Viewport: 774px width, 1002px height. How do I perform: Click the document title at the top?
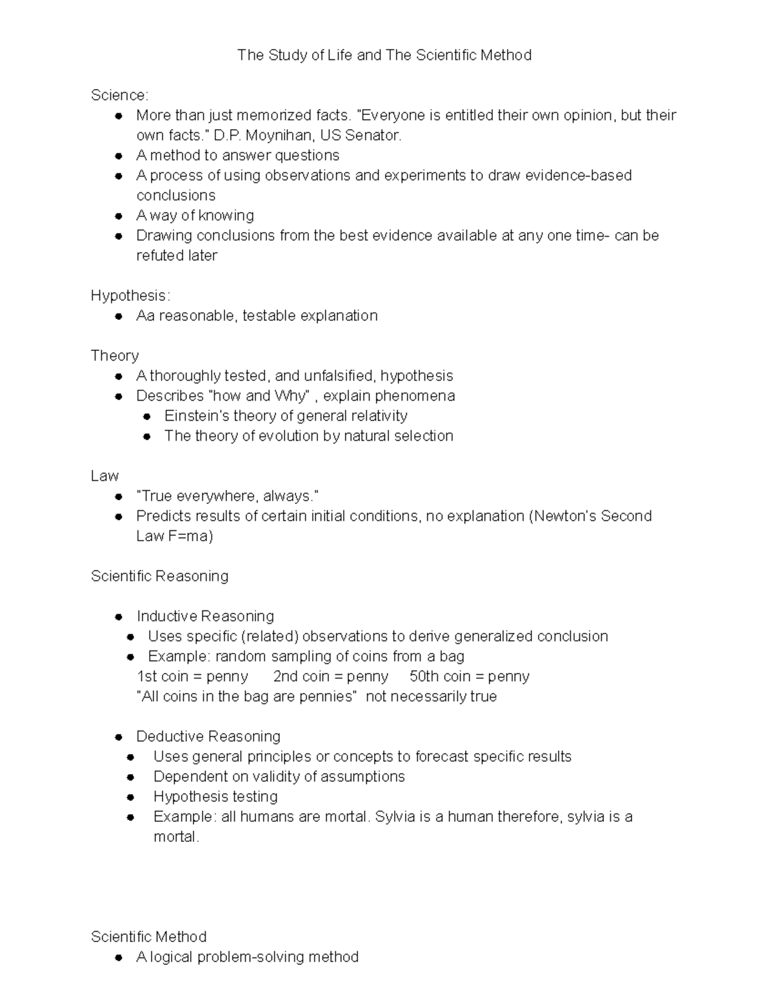(x=384, y=55)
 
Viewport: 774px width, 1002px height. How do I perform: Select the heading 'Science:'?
(x=119, y=95)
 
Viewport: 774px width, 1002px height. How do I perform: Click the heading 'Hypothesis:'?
(x=130, y=296)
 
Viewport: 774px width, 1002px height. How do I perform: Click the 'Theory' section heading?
(x=114, y=356)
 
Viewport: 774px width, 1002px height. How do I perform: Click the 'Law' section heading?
(x=104, y=476)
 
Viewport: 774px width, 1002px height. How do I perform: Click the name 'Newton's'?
(x=564, y=516)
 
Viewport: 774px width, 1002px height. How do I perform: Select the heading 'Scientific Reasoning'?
(x=159, y=576)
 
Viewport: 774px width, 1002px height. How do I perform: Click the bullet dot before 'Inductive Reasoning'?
(x=119, y=617)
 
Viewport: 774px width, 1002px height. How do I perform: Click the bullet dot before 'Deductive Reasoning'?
(x=119, y=737)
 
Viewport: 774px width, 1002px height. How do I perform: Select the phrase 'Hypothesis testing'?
(x=215, y=797)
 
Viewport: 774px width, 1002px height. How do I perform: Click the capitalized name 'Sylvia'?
(x=395, y=817)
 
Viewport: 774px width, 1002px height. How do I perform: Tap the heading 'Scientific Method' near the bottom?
(x=148, y=937)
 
